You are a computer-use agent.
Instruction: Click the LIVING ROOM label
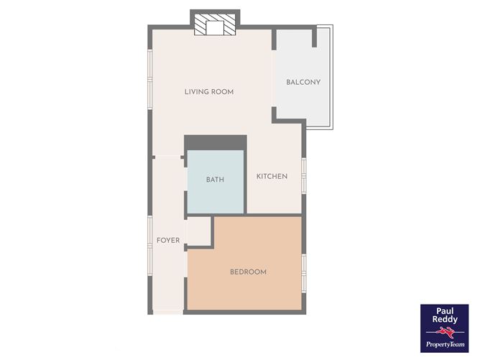(209, 92)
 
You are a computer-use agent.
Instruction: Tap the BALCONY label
(303, 82)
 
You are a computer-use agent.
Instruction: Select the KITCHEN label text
(272, 176)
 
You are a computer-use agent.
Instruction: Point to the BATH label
(215, 180)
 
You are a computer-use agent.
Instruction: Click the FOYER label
(168, 240)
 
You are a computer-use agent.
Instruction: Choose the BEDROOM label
(249, 272)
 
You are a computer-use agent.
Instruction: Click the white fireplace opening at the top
(215, 28)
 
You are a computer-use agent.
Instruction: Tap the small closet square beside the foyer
(198, 231)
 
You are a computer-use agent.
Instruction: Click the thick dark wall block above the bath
(216, 142)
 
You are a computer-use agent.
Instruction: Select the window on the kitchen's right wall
(304, 176)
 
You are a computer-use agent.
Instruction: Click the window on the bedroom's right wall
(304, 273)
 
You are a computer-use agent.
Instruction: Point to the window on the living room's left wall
(150, 79)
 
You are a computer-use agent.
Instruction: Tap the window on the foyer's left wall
(150, 246)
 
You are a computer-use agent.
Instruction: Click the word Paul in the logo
(445, 311)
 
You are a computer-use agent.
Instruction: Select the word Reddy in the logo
(445, 320)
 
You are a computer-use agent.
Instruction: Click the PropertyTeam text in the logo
(445, 344)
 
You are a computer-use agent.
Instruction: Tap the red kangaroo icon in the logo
(445, 332)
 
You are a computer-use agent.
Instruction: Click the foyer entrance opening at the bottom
(168, 312)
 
